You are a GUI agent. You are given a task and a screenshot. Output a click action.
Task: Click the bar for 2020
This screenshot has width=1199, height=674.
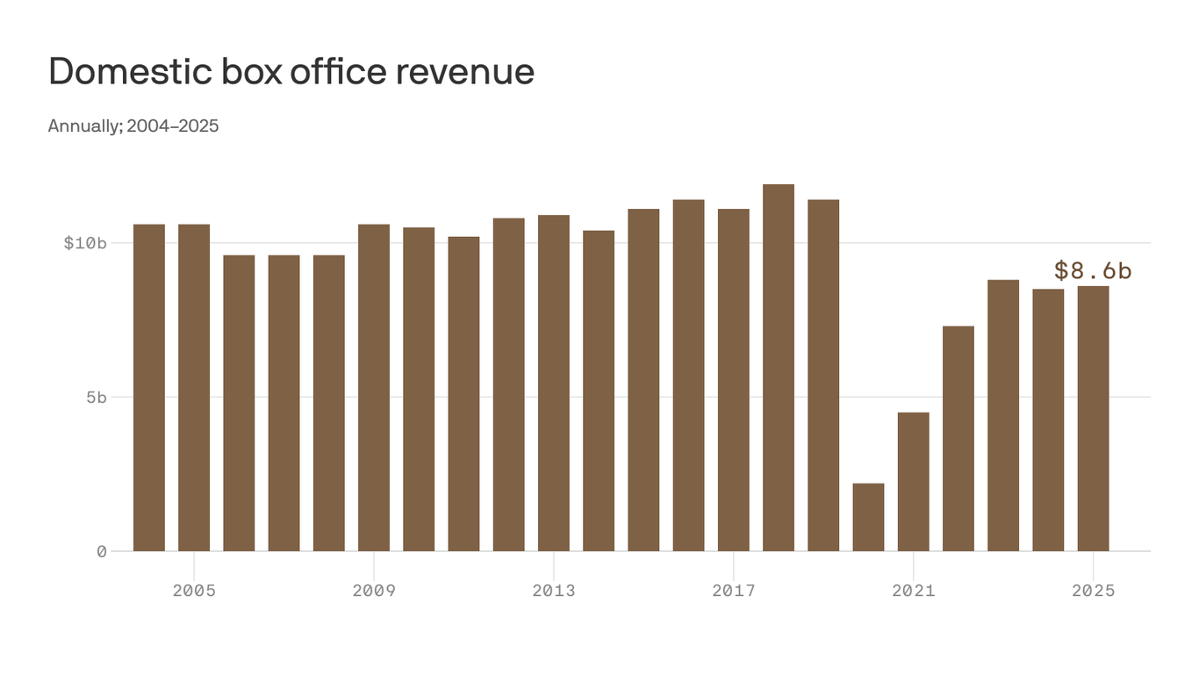click(868, 518)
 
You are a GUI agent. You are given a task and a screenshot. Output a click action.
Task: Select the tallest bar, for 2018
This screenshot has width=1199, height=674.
click(779, 369)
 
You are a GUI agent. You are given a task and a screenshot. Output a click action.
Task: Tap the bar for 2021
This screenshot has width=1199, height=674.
click(913, 483)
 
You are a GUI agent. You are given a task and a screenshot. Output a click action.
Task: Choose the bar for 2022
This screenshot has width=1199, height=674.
click(958, 439)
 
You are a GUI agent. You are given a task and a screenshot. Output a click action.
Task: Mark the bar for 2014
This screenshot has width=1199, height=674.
click(599, 391)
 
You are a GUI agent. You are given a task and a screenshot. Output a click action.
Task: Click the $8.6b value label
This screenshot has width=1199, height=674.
click(1093, 270)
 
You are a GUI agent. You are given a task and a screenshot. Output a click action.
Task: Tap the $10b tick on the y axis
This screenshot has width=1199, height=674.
click(85, 243)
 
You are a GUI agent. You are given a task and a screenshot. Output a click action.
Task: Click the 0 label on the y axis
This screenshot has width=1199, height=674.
click(102, 552)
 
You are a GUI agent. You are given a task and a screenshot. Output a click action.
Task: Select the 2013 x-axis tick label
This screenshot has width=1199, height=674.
click(554, 591)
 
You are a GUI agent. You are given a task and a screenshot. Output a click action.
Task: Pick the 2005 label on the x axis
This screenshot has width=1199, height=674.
click(194, 591)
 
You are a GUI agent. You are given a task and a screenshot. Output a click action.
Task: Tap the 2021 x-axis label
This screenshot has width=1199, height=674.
click(914, 591)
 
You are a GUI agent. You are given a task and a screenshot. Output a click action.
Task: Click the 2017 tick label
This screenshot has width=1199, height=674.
click(734, 591)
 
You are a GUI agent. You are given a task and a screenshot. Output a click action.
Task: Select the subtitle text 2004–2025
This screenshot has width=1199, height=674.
click(173, 126)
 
